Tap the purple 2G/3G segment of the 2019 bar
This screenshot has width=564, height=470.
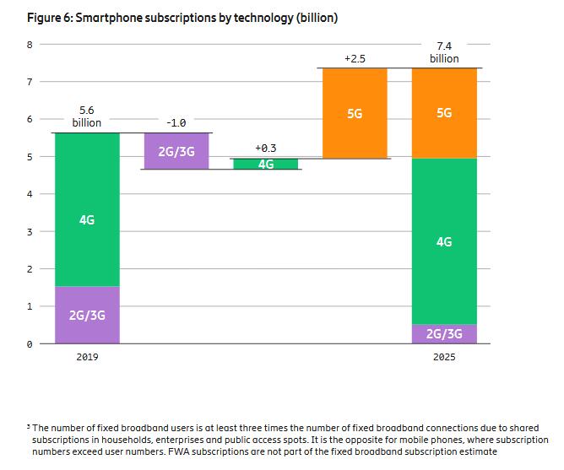(87, 315)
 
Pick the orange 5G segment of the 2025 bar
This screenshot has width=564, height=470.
(444, 113)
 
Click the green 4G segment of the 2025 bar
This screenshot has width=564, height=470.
(444, 241)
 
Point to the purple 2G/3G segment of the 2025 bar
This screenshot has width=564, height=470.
(444, 334)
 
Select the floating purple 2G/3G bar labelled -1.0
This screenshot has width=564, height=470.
(177, 151)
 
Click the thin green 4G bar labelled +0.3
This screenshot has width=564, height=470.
(266, 164)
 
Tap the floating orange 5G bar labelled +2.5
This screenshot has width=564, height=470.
(355, 113)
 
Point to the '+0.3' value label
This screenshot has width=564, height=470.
(265, 148)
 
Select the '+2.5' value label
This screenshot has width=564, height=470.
(355, 58)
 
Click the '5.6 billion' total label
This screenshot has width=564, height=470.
(87, 116)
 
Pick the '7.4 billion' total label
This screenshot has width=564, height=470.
(444, 51)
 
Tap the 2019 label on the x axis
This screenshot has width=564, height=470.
(87, 358)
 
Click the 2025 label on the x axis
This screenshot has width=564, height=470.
(444, 358)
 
